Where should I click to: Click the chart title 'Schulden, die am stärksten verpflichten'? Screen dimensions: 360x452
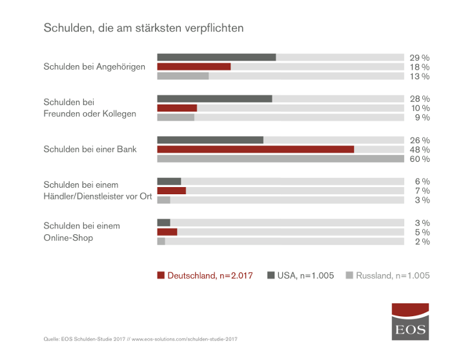pos(143,28)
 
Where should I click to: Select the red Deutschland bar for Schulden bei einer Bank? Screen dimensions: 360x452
pos(256,149)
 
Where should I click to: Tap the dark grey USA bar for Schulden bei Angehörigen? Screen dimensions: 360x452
pos(216,57)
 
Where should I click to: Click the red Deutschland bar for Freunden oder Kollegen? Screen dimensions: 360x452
pos(177,108)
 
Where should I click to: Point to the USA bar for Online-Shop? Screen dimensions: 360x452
pos(164,223)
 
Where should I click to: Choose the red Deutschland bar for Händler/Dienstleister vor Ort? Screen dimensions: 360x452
pos(172,191)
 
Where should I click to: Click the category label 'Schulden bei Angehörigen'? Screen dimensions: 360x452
pos(94,66)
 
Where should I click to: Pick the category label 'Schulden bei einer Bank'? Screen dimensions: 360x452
pos(90,149)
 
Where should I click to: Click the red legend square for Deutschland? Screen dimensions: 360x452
pos(161,275)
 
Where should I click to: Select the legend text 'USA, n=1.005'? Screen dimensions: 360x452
pos(305,275)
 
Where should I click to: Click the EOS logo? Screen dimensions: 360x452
pos(411,321)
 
